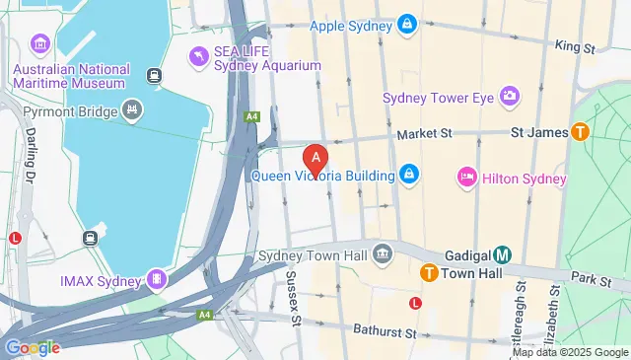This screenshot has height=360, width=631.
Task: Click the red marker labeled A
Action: [315, 158]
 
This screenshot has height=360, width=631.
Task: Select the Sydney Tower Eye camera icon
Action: [510, 96]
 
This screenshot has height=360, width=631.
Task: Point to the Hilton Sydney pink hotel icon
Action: [467, 178]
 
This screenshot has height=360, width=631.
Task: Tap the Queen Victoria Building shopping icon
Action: [408, 176]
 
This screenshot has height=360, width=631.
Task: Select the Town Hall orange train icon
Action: [429, 272]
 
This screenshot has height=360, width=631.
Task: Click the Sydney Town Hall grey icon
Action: [383, 254]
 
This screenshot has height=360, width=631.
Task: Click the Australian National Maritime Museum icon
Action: [41, 44]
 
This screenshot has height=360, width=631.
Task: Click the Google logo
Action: [33, 346]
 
